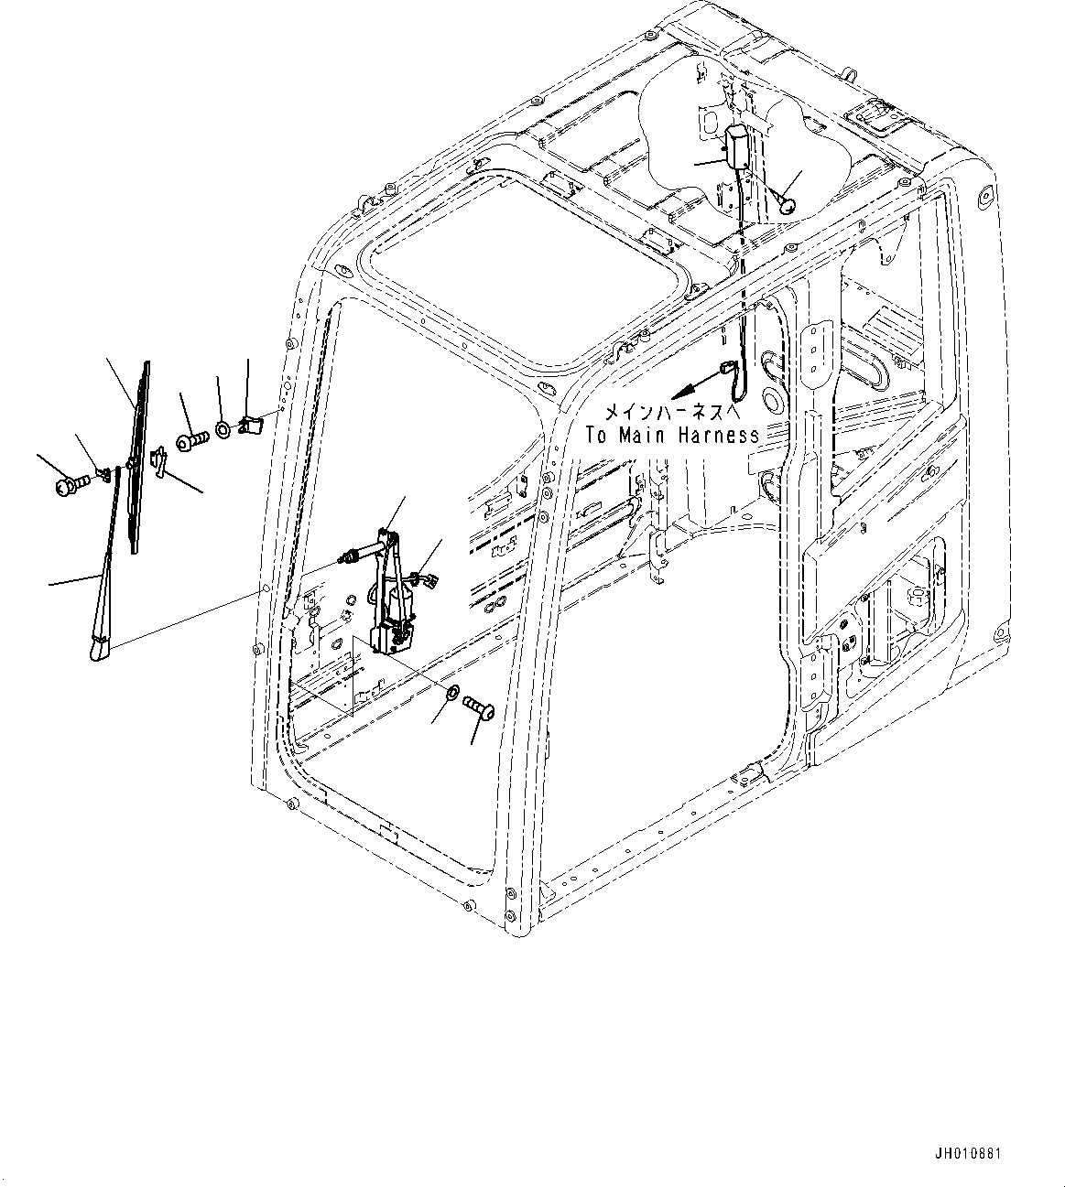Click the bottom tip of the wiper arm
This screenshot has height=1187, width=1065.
[97, 651]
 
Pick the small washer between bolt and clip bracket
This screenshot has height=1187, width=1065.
[223, 428]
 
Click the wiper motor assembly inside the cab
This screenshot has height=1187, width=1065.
[390, 595]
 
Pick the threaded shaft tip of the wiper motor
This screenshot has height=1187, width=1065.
[349, 555]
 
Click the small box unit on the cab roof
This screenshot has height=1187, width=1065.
[737, 144]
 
